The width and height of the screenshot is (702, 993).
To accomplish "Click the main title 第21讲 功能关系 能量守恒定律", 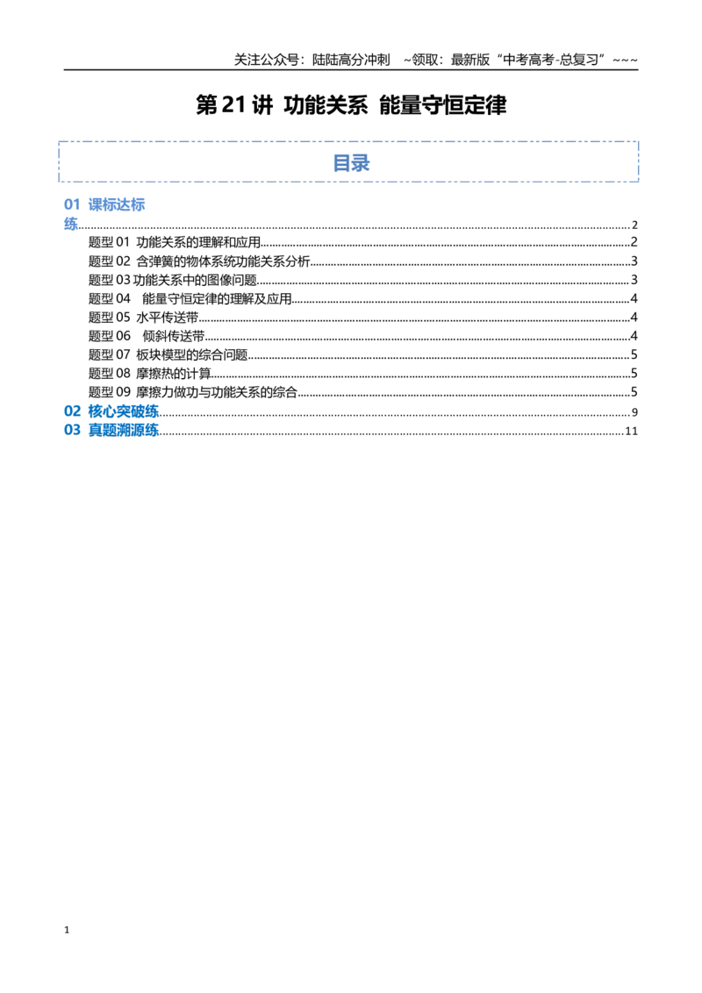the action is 351,105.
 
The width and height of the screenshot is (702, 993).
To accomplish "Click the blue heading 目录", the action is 351,163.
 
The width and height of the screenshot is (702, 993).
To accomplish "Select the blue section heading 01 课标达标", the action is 104,204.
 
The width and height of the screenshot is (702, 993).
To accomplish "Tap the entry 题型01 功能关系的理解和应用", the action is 175,242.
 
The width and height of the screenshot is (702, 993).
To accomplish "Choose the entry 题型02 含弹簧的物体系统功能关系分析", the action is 199,261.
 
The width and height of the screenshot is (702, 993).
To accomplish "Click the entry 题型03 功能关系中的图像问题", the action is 172,280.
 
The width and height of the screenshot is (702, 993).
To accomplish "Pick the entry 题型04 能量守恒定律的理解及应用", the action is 190,298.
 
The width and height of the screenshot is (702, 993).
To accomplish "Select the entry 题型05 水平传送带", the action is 143,318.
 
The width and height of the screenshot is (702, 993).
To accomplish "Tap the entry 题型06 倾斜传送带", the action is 147,336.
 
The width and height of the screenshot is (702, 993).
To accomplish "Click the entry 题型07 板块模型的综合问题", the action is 168,354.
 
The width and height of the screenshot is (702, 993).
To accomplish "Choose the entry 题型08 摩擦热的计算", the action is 149,373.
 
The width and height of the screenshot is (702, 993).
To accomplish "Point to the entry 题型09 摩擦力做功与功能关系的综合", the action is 192,392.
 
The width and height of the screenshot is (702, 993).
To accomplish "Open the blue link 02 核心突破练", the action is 111,411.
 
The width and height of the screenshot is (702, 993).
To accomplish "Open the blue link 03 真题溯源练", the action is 111,430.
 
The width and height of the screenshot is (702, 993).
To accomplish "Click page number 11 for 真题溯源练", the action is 631,432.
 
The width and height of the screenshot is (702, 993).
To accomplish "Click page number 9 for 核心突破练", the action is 634,412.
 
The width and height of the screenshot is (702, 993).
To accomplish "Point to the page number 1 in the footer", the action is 67,930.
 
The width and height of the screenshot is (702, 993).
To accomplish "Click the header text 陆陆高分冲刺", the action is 351,61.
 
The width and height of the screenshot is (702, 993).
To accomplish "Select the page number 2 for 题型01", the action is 634,242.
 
